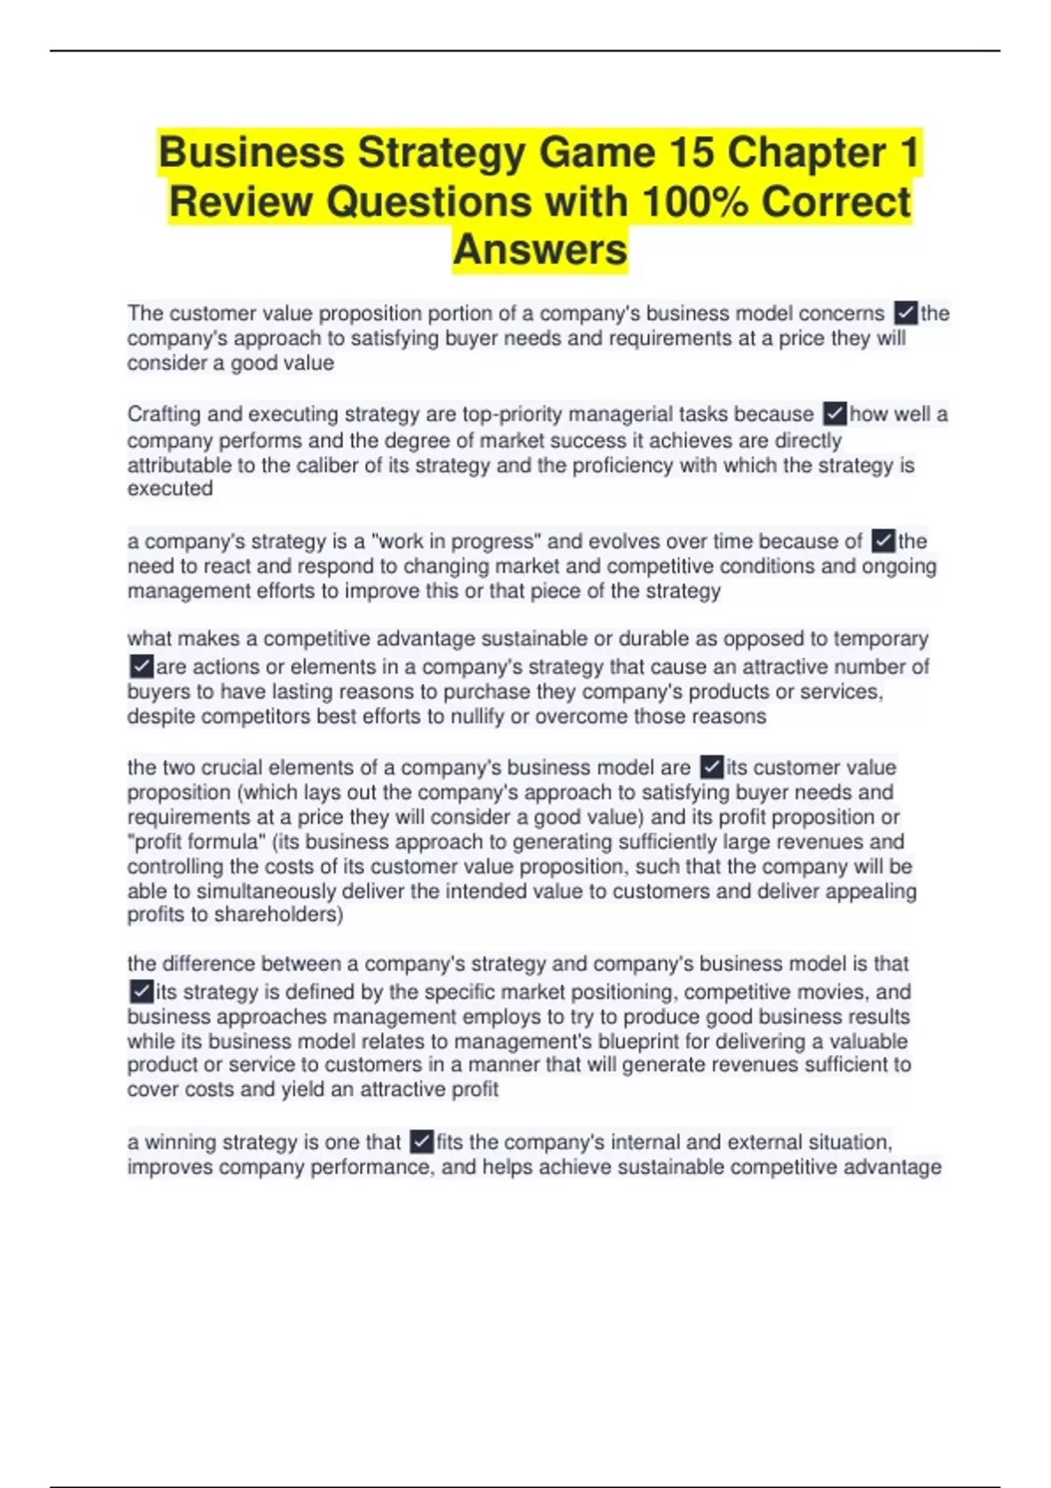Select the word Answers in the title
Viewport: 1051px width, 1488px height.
click(x=540, y=249)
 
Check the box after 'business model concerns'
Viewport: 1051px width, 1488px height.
click(x=906, y=313)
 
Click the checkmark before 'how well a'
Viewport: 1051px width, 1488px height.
click(x=836, y=414)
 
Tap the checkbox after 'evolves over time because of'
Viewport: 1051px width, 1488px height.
click(x=884, y=541)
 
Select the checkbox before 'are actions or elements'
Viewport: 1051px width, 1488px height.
click(x=141, y=667)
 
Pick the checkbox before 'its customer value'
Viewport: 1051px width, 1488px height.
click(x=712, y=768)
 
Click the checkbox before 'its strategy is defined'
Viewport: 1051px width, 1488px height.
click(x=141, y=992)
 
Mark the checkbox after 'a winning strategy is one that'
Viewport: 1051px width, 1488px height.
click(x=421, y=1142)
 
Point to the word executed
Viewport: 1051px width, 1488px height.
click(x=170, y=488)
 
